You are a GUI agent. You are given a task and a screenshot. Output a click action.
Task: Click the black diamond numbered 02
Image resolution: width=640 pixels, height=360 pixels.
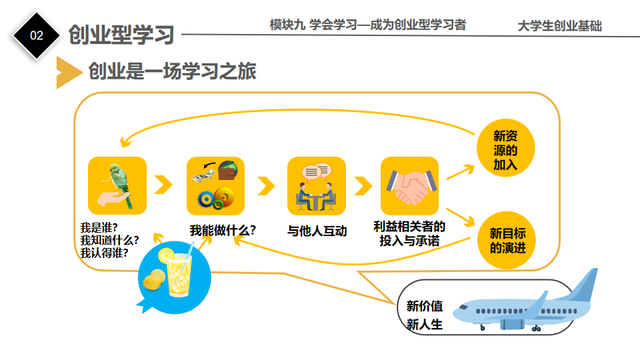click(x=36, y=35)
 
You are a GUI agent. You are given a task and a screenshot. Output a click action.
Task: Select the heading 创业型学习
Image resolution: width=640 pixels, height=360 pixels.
click(x=121, y=35)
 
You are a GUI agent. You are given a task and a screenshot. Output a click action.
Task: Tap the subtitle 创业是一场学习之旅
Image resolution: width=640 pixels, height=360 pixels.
click(x=172, y=71)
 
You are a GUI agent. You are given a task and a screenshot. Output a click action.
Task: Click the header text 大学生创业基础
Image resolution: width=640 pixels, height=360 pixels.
click(x=559, y=26)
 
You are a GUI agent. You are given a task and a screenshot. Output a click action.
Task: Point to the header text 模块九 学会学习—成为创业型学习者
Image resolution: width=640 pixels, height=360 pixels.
click(x=368, y=25)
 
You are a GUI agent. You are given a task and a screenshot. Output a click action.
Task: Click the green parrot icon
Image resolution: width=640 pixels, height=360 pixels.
click(x=117, y=186)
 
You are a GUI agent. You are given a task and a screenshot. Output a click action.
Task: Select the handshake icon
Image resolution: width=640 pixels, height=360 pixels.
click(x=410, y=186)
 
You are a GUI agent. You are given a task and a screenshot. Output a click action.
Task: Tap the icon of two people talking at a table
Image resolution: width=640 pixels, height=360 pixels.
click(x=316, y=186)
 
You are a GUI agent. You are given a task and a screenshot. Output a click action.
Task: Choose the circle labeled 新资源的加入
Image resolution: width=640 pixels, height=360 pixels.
click(x=506, y=148)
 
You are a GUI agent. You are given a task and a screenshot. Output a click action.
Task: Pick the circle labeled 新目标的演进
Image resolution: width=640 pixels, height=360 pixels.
click(x=507, y=240)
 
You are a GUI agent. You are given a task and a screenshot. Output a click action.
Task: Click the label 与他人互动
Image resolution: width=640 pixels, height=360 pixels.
click(x=317, y=231)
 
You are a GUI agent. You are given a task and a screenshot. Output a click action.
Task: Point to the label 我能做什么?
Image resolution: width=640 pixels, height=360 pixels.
click(x=223, y=230)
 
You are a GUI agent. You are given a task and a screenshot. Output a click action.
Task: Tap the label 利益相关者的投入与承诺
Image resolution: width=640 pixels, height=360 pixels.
click(x=409, y=233)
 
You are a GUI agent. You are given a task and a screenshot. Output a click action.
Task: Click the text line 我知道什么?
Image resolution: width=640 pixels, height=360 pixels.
click(x=109, y=240)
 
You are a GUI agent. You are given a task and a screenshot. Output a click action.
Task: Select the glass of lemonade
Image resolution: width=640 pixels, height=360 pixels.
click(x=179, y=271)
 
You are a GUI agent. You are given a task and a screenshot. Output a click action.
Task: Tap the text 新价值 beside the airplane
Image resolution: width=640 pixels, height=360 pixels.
click(x=425, y=306)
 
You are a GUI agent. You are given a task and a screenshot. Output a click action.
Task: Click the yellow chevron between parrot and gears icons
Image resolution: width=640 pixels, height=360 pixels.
click(x=163, y=185)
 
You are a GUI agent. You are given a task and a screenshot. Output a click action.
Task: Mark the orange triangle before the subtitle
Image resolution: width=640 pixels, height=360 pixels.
click(x=68, y=72)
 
